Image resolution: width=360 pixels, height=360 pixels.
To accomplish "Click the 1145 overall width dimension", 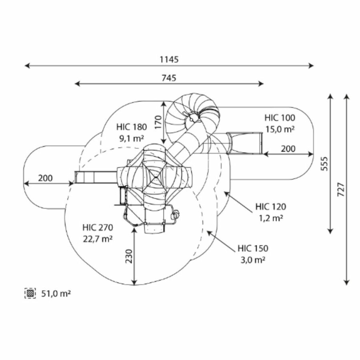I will (169, 60).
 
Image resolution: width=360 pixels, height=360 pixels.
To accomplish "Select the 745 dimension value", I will (169, 78).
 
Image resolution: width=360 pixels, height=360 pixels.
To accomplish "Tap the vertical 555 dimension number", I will (324, 163).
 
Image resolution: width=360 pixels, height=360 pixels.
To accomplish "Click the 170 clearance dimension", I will (158, 122).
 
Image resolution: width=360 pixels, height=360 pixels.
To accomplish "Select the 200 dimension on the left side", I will (46, 178).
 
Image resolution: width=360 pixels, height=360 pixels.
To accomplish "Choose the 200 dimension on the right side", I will (288, 149).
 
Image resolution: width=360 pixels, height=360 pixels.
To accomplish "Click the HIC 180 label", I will (132, 127).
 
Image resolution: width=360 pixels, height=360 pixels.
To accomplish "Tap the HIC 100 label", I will (280, 118).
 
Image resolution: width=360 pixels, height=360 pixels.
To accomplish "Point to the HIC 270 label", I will (98, 228).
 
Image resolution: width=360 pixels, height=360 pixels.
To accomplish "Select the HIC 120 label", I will (271, 207).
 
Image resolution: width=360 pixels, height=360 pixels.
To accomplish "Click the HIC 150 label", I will (252, 248).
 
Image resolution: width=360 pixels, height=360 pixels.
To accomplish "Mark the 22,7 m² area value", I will (98, 239).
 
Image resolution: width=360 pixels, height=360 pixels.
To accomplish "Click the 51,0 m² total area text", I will (56, 294).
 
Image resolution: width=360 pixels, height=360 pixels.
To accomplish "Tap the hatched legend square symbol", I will (30, 293).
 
